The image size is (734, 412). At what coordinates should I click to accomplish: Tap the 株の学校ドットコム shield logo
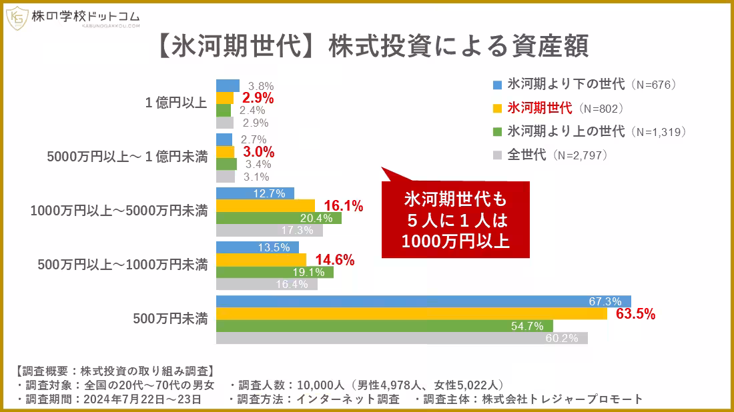point(17,19)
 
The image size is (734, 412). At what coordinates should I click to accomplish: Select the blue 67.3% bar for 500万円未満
point(423,302)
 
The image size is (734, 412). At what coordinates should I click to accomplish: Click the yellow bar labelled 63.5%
point(411,314)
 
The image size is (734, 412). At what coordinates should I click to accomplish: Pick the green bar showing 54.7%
point(384,327)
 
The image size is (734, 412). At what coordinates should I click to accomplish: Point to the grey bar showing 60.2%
point(402,339)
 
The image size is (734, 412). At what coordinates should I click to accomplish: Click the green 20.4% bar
point(278,218)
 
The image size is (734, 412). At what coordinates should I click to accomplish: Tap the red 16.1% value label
point(343,207)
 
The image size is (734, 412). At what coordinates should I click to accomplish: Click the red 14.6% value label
point(334,260)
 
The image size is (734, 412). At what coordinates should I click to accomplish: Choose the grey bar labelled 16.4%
point(266,284)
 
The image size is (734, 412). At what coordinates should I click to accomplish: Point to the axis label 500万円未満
point(170,319)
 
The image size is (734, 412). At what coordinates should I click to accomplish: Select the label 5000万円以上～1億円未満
point(127,158)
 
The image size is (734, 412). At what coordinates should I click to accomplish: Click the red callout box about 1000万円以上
point(455,219)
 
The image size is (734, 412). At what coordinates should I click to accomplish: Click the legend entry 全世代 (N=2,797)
point(556,155)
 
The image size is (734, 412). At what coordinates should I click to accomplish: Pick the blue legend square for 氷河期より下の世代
point(497,85)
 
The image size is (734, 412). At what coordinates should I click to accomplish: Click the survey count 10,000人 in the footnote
point(320,385)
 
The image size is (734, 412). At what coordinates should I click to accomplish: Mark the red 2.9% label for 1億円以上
point(258,99)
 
